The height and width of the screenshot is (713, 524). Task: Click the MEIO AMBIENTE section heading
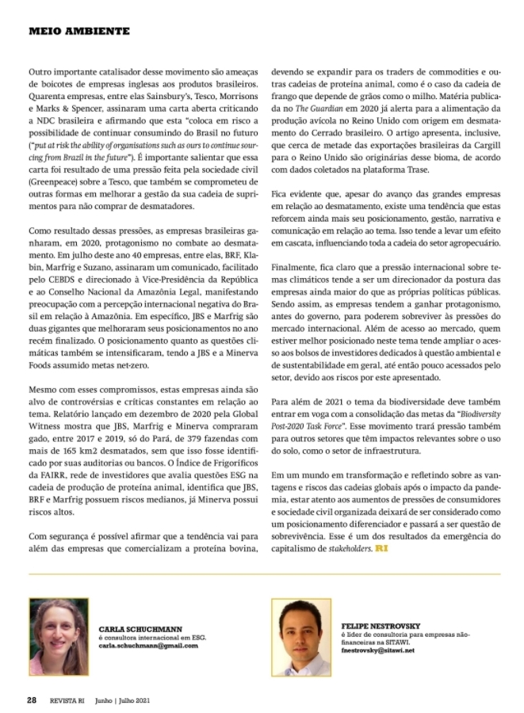point(78,31)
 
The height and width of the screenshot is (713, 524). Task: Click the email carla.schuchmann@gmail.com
point(147,646)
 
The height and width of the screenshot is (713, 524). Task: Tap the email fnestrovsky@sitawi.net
point(377,650)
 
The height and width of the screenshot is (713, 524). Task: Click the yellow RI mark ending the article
point(382,547)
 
